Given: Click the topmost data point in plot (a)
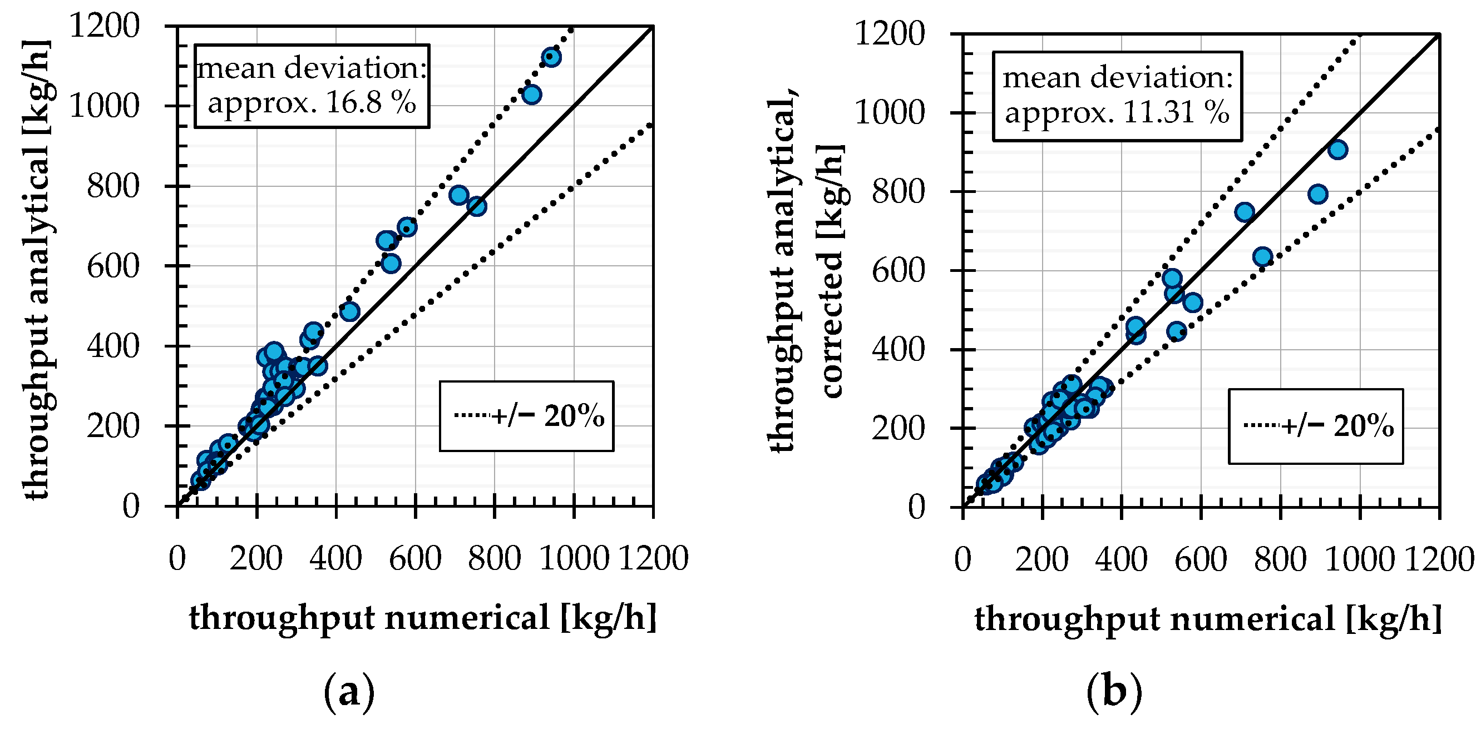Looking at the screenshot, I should tap(551, 57).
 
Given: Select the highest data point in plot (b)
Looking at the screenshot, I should tap(1337, 150).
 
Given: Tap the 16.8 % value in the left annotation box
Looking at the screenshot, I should tap(368, 103).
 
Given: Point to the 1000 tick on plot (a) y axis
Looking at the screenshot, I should tap(104, 106).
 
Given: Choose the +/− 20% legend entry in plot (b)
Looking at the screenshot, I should tap(1317, 426).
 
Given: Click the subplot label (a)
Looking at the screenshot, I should tap(349, 693).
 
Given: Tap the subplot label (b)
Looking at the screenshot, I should tap(1114, 693).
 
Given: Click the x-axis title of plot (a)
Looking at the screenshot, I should tap(423, 618).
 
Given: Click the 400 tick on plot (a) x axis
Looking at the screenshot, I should tap(335, 558).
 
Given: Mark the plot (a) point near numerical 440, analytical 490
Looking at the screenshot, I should tap(349, 311).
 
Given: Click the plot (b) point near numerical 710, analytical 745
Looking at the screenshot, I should tap(1244, 212).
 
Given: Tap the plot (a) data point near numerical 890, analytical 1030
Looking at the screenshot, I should tap(531, 94).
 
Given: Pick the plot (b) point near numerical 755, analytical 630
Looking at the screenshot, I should tap(1262, 257).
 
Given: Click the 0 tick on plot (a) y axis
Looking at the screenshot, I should tap(131, 507).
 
